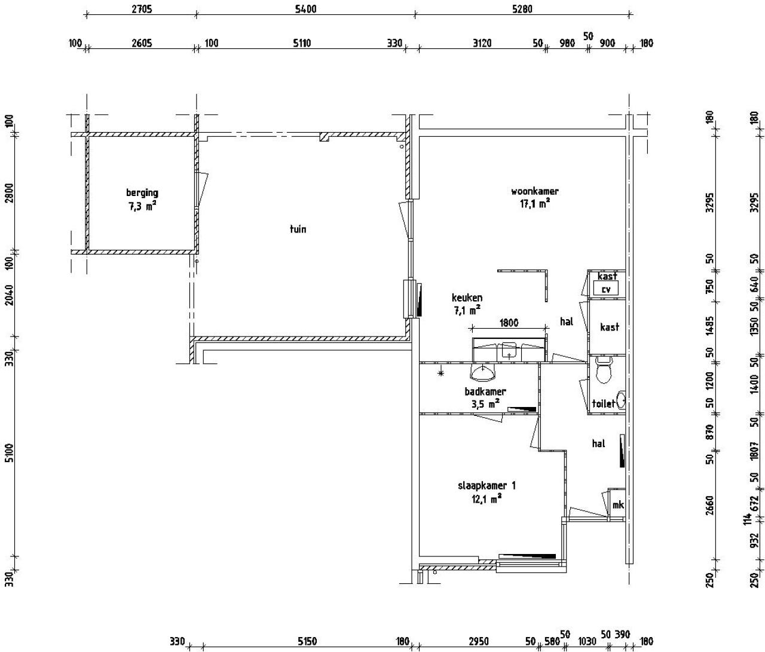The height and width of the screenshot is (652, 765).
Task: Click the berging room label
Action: coord(142,193)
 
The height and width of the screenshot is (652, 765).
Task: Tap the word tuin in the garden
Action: coord(298,229)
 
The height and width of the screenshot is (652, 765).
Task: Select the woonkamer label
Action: coord(535,191)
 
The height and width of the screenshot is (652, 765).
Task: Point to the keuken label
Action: coord(467,298)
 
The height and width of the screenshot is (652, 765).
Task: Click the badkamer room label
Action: coord(485,391)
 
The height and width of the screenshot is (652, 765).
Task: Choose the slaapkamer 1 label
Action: coord(486,485)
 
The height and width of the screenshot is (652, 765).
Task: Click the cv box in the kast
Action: coord(606,288)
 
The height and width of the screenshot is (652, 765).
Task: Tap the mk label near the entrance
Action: coord(618,505)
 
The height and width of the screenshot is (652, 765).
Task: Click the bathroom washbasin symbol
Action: coord(483,372)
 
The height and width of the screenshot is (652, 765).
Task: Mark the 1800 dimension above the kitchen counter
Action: coord(509,323)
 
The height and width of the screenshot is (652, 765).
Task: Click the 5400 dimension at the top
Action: coord(306,9)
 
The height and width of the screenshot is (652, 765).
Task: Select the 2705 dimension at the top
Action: coord(142,9)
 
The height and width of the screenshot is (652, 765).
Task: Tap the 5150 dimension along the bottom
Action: coord(307,641)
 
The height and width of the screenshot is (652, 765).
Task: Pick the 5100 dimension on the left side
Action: coord(10,453)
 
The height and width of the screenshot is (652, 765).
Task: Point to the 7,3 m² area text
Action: coord(142,206)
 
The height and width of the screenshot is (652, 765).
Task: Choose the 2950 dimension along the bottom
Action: coord(479,641)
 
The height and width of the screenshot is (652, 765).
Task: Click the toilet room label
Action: coord(603,403)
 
